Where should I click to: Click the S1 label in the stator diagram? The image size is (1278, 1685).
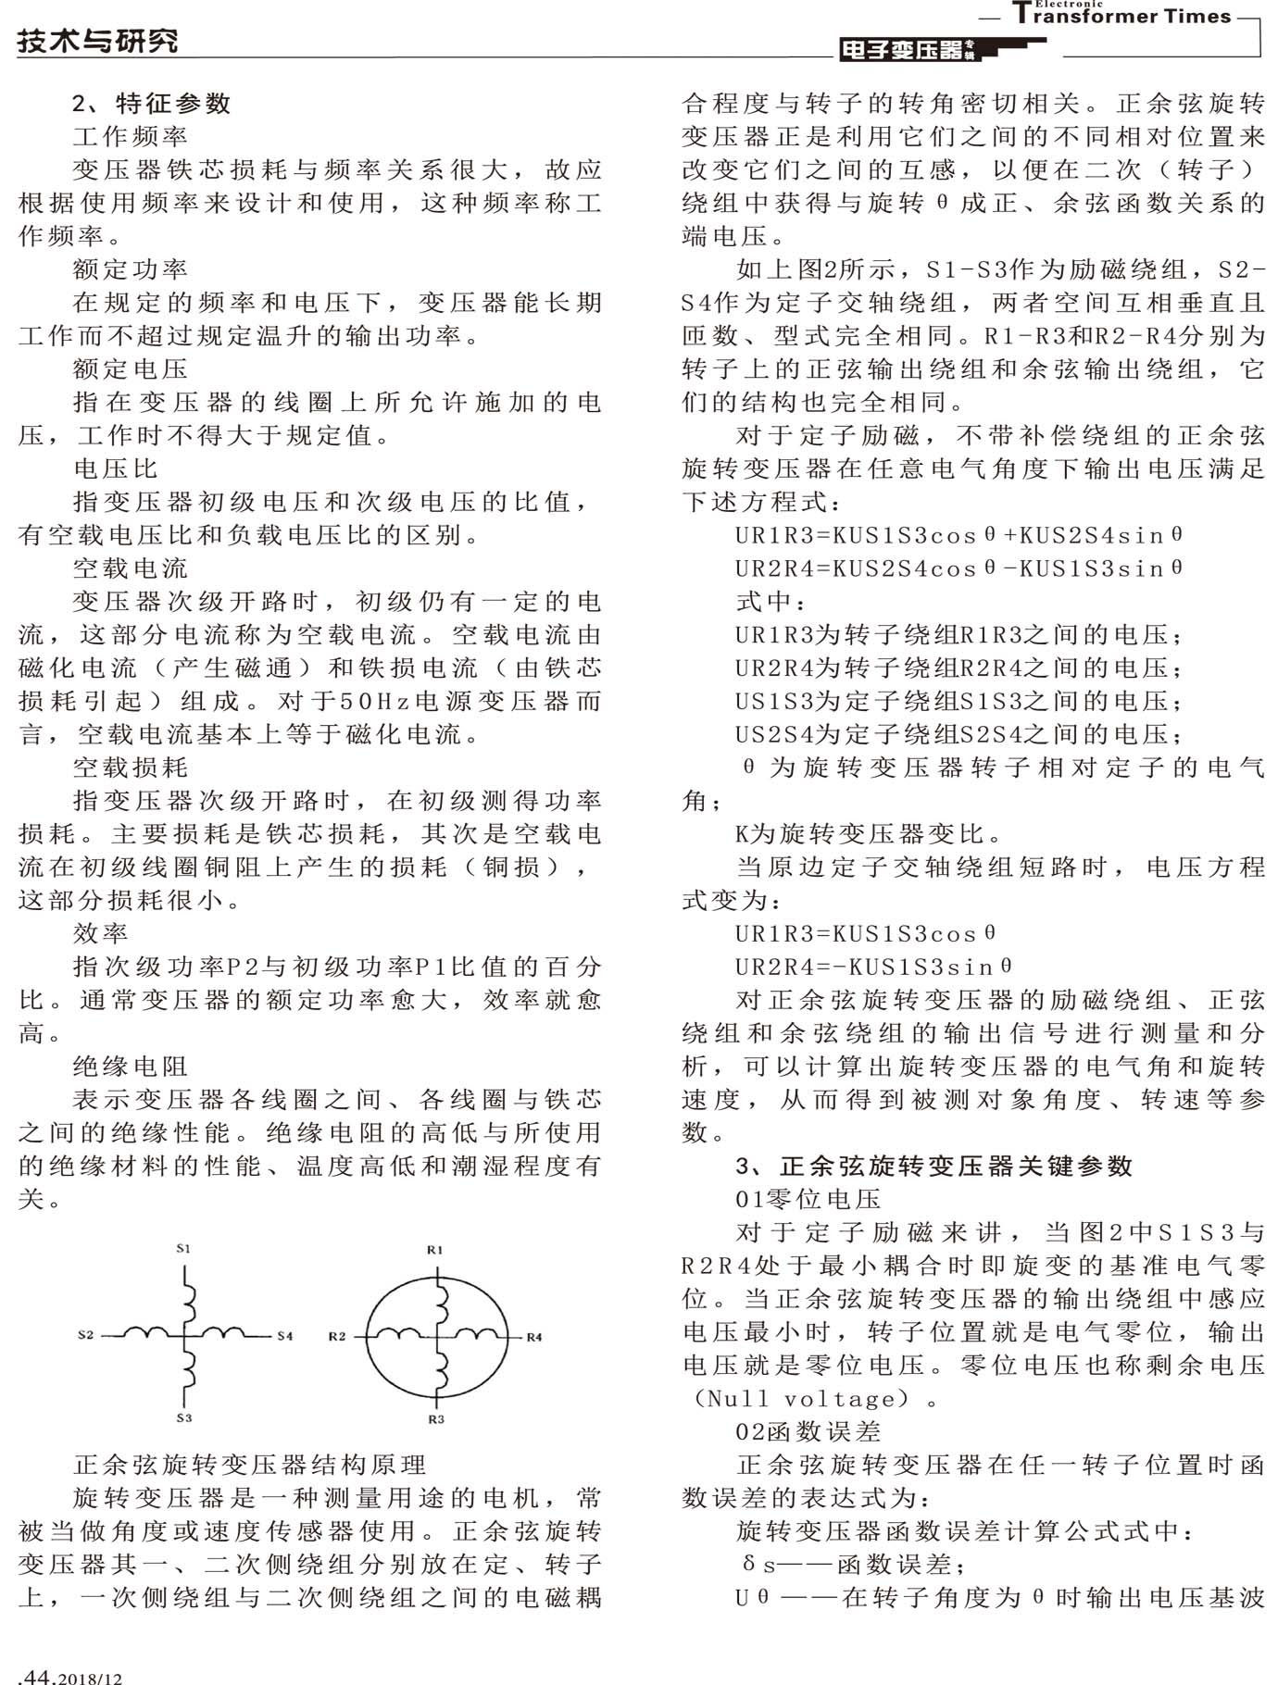pos(183,1248)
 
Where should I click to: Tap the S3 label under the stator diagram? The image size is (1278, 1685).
pos(183,1417)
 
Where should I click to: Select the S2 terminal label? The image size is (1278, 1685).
pos(86,1334)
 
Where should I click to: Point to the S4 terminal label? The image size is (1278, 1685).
pos(285,1335)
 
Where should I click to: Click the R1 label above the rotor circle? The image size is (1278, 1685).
pos(435,1249)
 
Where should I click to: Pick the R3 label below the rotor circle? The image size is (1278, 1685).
pos(436,1418)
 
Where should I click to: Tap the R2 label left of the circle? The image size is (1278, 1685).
pos(337,1335)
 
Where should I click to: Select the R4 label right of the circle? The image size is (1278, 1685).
pos(534,1336)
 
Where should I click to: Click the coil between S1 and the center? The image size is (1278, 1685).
pos(190,1296)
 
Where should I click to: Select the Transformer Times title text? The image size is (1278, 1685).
pos(1122,16)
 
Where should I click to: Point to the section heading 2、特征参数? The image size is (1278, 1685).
pos(152,103)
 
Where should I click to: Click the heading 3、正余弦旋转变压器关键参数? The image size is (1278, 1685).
pos(933,1166)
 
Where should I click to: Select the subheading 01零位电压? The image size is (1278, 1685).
pos(808,1199)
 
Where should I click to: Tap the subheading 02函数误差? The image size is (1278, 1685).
pos(808,1431)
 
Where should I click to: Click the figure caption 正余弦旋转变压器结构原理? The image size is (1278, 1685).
pos(250,1465)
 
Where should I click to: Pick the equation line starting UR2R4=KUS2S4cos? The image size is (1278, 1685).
pos(958,568)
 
